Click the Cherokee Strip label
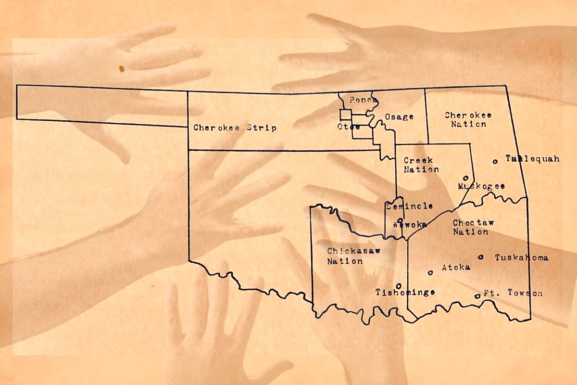[x=235, y=128]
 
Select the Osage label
[x=399, y=117]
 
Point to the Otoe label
[x=349, y=127]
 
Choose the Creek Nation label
[x=421, y=165]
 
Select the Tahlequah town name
[x=532, y=159]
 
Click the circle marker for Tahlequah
[x=495, y=161]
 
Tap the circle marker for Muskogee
[x=465, y=178]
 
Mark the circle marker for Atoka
[x=430, y=272]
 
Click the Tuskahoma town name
[x=521, y=257]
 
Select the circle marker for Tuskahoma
[x=480, y=257]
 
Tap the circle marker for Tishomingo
[x=399, y=286]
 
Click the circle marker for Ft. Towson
[x=477, y=296]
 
